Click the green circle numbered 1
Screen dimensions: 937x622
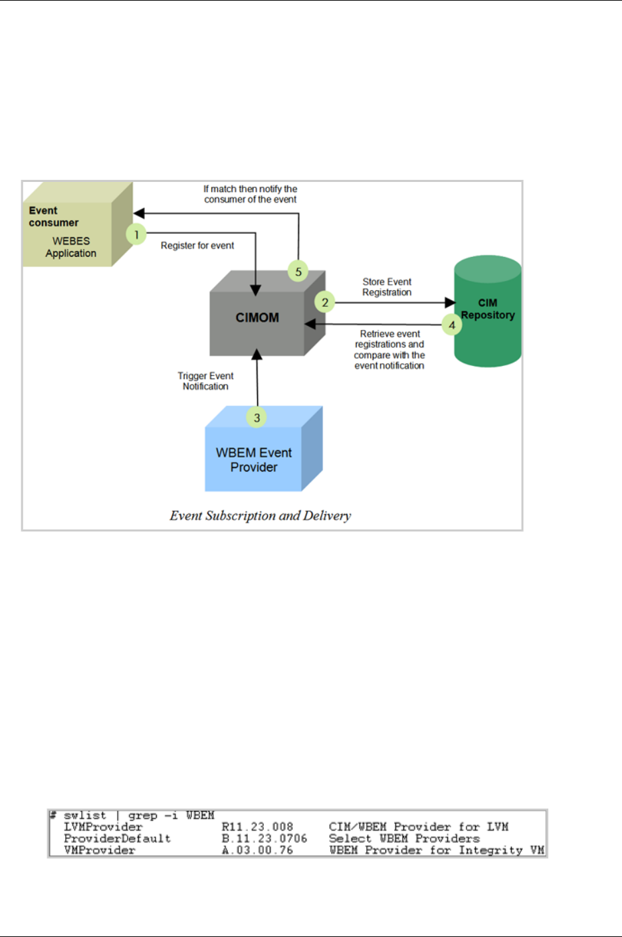coord(136,234)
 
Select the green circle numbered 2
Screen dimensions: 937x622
coord(325,302)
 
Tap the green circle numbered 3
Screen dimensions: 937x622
coord(257,418)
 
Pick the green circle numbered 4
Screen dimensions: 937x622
coord(452,325)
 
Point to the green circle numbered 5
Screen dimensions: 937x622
coord(298,271)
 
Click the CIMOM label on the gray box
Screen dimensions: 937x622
coord(257,317)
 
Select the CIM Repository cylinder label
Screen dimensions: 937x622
coord(488,309)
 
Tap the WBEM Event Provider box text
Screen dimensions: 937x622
coord(254,460)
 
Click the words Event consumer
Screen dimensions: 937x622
coord(53,216)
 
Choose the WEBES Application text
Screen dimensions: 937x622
coord(71,247)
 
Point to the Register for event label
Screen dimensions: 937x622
coord(197,246)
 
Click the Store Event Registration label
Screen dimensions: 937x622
coord(387,287)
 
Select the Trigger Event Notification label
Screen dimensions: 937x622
coord(205,381)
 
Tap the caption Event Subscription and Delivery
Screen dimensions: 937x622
coord(260,516)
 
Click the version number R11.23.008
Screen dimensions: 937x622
coord(257,827)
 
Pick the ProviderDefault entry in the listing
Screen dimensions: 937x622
coord(117,839)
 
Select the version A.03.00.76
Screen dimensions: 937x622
coord(257,851)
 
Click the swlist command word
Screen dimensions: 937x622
coord(85,815)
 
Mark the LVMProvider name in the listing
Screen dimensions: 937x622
coord(103,827)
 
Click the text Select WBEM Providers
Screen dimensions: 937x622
coord(404,839)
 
